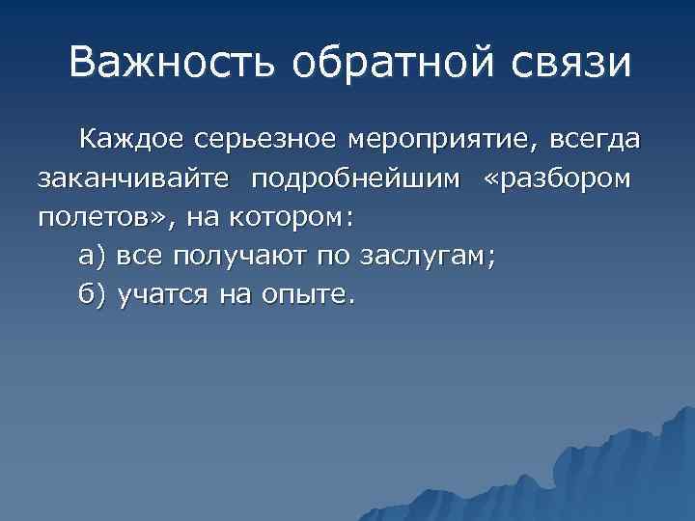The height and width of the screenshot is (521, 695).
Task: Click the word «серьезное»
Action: (264, 143)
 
